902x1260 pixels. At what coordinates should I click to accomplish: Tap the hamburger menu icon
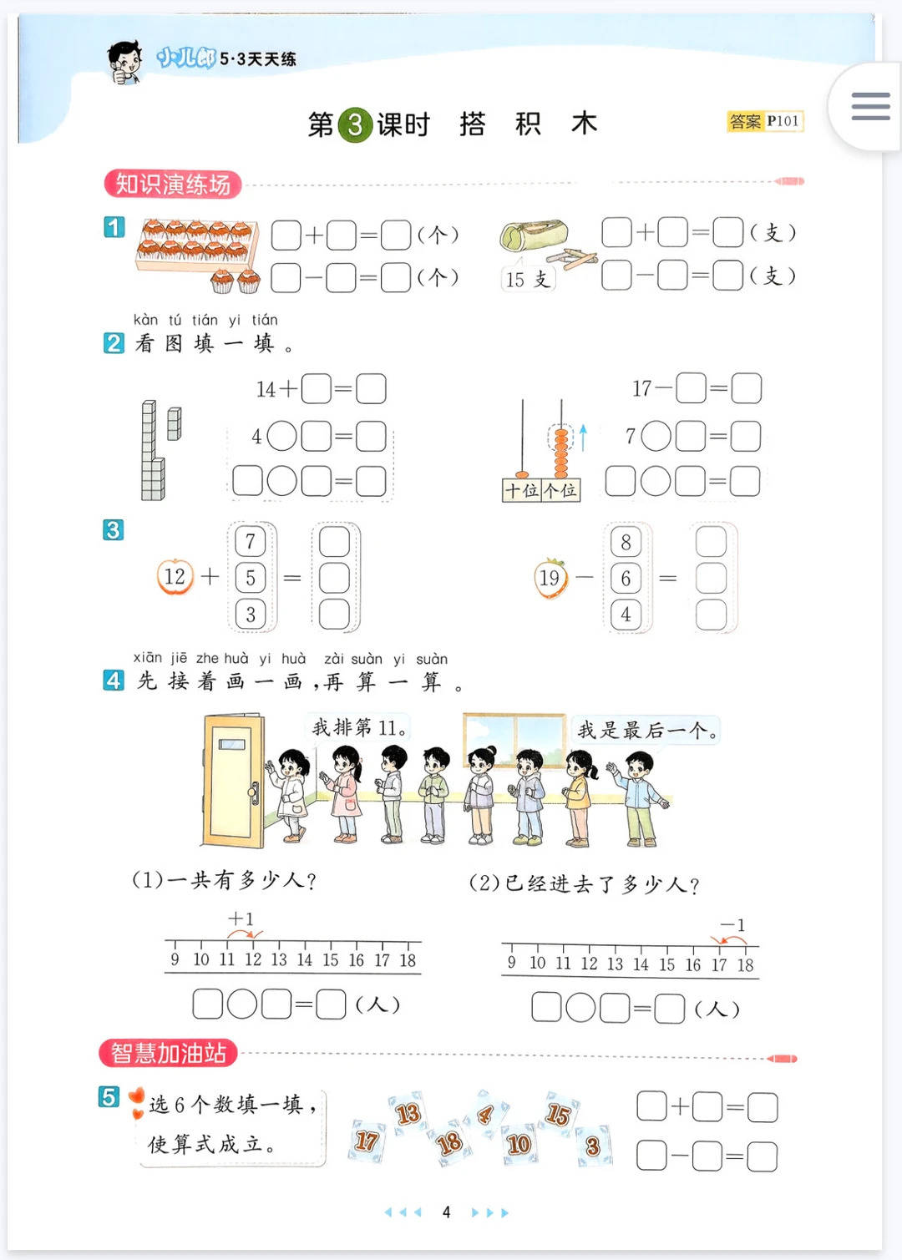(870, 106)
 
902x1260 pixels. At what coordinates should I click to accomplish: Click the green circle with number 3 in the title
(354, 124)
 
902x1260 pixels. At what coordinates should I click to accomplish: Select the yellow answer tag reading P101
(765, 121)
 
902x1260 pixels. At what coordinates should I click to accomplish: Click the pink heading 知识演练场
(173, 184)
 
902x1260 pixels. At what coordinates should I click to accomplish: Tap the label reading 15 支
(527, 279)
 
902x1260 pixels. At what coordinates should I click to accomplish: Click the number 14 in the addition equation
(266, 389)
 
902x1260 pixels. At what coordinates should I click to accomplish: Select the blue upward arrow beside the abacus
(583, 438)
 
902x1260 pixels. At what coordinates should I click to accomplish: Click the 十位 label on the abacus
(522, 490)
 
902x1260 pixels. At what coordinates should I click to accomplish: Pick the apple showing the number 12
(175, 577)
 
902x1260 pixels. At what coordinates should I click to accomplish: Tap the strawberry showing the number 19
(550, 579)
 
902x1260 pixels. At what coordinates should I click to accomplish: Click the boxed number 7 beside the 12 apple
(251, 542)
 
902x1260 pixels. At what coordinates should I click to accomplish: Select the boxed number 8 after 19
(626, 542)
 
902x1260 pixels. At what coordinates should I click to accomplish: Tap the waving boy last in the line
(639, 799)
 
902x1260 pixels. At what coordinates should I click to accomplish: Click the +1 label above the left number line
(241, 919)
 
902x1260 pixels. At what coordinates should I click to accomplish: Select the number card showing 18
(449, 1144)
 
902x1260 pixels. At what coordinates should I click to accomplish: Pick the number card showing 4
(485, 1114)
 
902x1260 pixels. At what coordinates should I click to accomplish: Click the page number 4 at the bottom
(446, 1212)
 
